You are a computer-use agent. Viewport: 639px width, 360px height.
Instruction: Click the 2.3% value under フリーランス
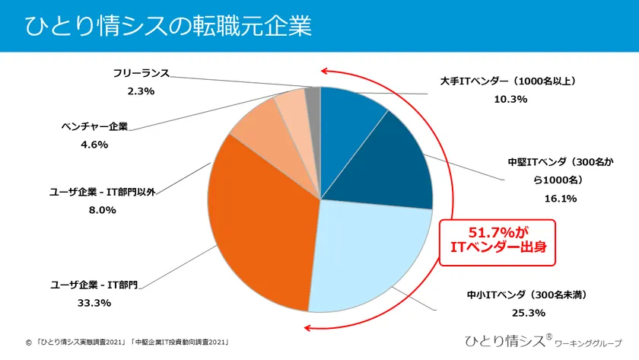click(x=140, y=91)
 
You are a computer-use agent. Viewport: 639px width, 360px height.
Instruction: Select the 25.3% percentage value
click(x=529, y=311)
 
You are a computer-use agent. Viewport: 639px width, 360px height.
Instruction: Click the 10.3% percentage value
click(x=510, y=98)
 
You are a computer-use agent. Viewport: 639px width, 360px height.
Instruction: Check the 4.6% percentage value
click(x=94, y=144)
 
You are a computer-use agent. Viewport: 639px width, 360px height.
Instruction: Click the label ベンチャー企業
click(x=94, y=126)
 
